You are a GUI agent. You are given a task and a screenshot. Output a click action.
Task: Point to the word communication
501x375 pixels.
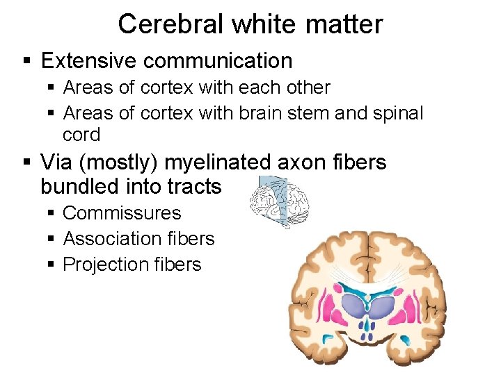[x=219, y=61]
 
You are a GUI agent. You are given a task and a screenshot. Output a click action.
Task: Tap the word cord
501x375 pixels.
[x=81, y=135]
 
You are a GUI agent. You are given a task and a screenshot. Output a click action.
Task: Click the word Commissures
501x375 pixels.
[x=122, y=213]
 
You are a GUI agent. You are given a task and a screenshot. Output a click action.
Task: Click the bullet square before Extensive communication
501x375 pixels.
[x=27, y=62]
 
